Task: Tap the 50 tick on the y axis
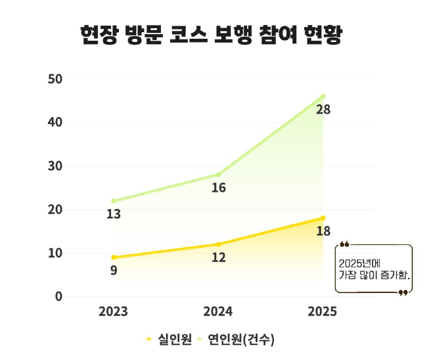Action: coord(55,79)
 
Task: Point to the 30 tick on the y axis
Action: coord(55,166)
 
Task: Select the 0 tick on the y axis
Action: coord(58,296)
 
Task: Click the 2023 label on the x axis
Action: coord(114,311)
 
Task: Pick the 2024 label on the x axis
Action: coord(218,311)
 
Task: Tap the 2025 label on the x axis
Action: coord(322,311)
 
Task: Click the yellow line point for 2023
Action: coord(114,258)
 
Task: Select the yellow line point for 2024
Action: coord(219,244)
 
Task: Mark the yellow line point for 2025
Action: coord(323,218)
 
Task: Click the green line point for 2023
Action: coord(114,201)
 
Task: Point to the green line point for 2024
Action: coord(219,175)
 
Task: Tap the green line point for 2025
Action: coord(323,97)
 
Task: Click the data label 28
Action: coord(323,110)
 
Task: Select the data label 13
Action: coord(114,214)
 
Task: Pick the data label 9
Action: coord(114,270)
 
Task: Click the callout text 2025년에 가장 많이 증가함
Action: coord(374,267)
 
